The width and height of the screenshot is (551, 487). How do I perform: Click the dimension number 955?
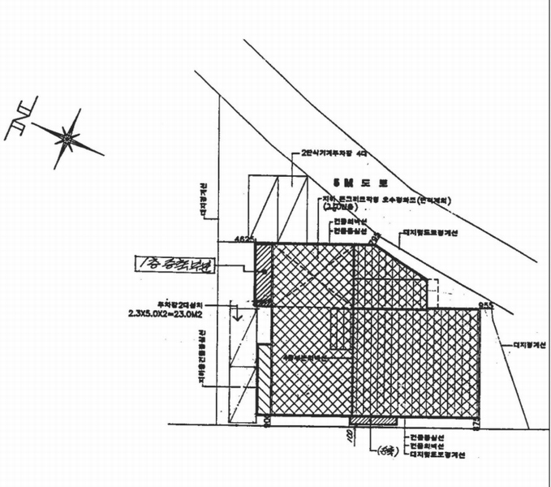tap(486, 305)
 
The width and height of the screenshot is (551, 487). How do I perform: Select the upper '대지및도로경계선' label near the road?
tap(430, 233)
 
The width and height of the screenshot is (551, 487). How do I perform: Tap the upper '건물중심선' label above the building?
tap(350, 231)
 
